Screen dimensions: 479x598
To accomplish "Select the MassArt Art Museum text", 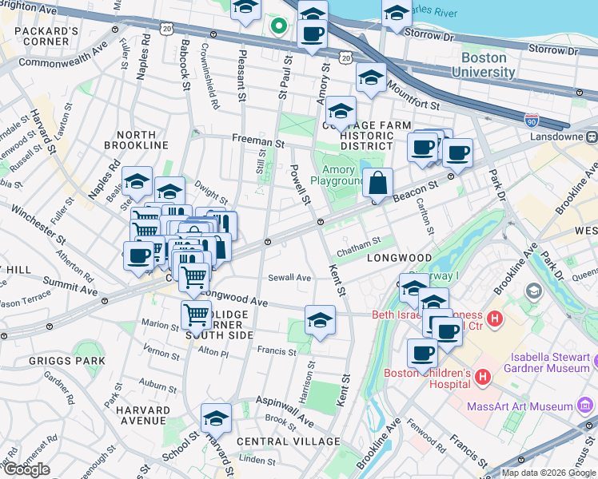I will pyautogui.click(x=521, y=406).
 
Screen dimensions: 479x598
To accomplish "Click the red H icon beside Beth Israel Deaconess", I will pyautogui.click(x=494, y=319).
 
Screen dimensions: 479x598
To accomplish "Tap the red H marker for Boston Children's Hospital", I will pyautogui.click(x=482, y=376).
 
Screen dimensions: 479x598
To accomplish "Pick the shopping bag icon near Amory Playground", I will pyautogui.click(x=377, y=183).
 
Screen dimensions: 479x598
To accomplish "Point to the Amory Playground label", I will pyautogui.click(x=343, y=175).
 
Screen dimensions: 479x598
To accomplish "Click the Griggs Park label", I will pyautogui.click(x=76, y=361).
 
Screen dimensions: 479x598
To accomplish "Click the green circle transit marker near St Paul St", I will pyautogui.click(x=278, y=26).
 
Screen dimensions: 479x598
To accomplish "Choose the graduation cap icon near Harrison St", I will pyautogui.click(x=320, y=320).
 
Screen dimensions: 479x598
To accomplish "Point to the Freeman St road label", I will pyautogui.click(x=258, y=141).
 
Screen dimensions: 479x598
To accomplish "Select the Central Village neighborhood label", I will pyautogui.click(x=288, y=441).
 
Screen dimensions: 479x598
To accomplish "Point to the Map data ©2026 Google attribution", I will pyautogui.click(x=548, y=473).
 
